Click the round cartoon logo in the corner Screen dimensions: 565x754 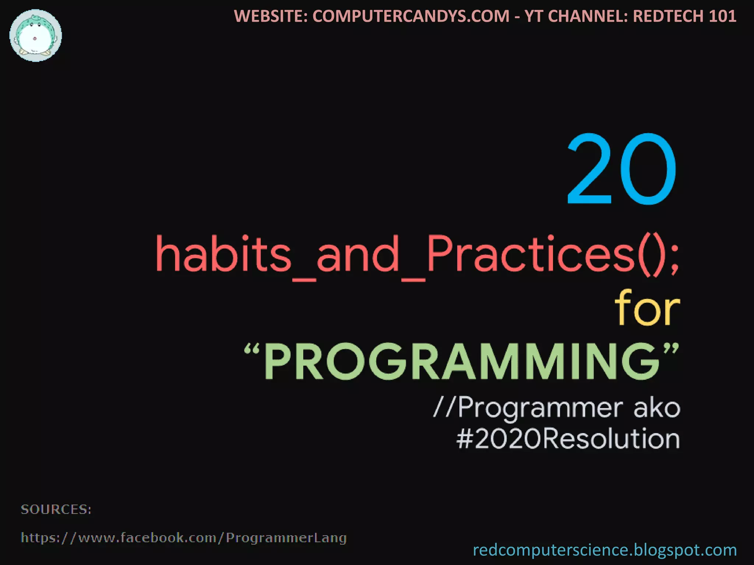tap(36, 36)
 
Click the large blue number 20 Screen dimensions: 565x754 tap(621, 169)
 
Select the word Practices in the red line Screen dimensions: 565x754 tap(531, 254)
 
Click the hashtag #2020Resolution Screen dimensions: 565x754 tap(568, 439)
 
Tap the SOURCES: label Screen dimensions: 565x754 tap(56, 509)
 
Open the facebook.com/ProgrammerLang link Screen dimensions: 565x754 tap(184, 538)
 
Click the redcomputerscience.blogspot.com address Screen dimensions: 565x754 tap(605, 550)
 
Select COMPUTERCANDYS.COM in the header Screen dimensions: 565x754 tap(411, 16)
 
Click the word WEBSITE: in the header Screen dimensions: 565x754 tap(271, 16)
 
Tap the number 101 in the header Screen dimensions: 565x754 tap(724, 16)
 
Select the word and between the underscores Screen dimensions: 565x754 tap(358, 254)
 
